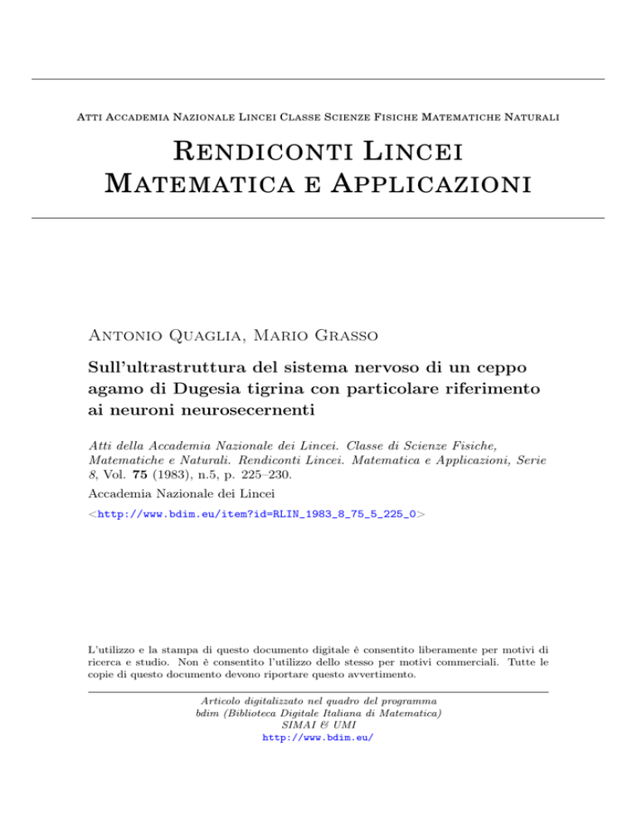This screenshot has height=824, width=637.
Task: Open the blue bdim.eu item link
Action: pos(255,515)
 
